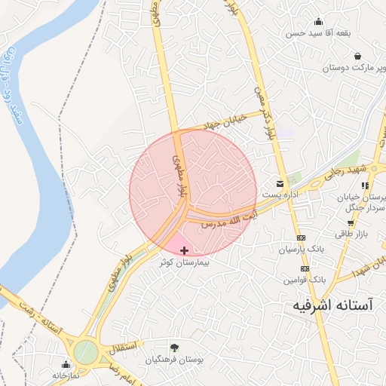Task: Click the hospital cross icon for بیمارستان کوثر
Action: (x=184, y=250)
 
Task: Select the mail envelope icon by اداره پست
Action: (x=280, y=184)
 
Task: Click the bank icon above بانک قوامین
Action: (x=305, y=268)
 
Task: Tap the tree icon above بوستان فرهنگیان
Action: (x=174, y=348)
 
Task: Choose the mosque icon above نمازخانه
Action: (x=66, y=363)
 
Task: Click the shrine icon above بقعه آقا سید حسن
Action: (x=317, y=23)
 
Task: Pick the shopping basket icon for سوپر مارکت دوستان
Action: (x=356, y=56)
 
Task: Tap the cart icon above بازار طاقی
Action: (x=351, y=223)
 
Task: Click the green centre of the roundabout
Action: (x=85, y=351)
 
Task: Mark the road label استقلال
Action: (x=124, y=347)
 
